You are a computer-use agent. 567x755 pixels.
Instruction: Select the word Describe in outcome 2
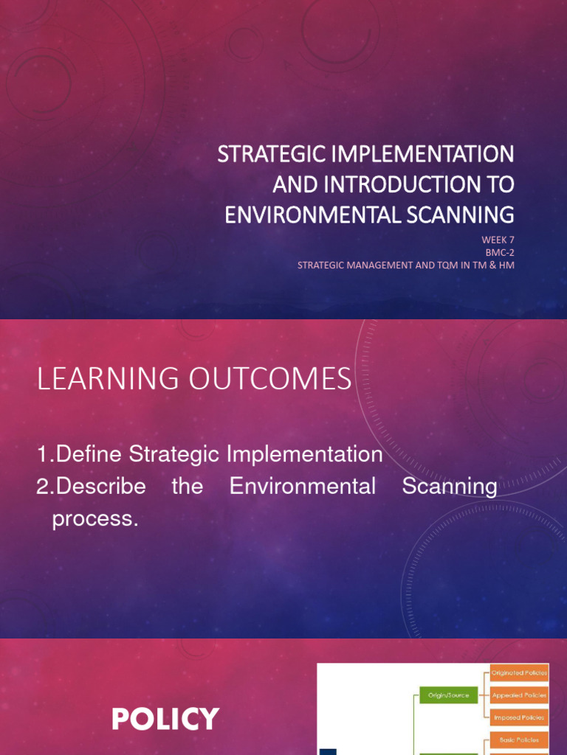(x=100, y=487)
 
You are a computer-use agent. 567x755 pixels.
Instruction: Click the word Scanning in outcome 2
(x=450, y=487)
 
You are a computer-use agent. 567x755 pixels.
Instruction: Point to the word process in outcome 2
(x=94, y=518)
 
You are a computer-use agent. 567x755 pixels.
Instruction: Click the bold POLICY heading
(x=165, y=719)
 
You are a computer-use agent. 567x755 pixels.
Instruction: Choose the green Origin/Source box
(x=443, y=695)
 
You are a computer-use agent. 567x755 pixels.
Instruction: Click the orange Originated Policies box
(x=518, y=672)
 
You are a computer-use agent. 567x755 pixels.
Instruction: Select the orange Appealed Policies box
(x=518, y=695)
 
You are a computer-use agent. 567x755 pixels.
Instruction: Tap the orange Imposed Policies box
(x=518, y=717)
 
